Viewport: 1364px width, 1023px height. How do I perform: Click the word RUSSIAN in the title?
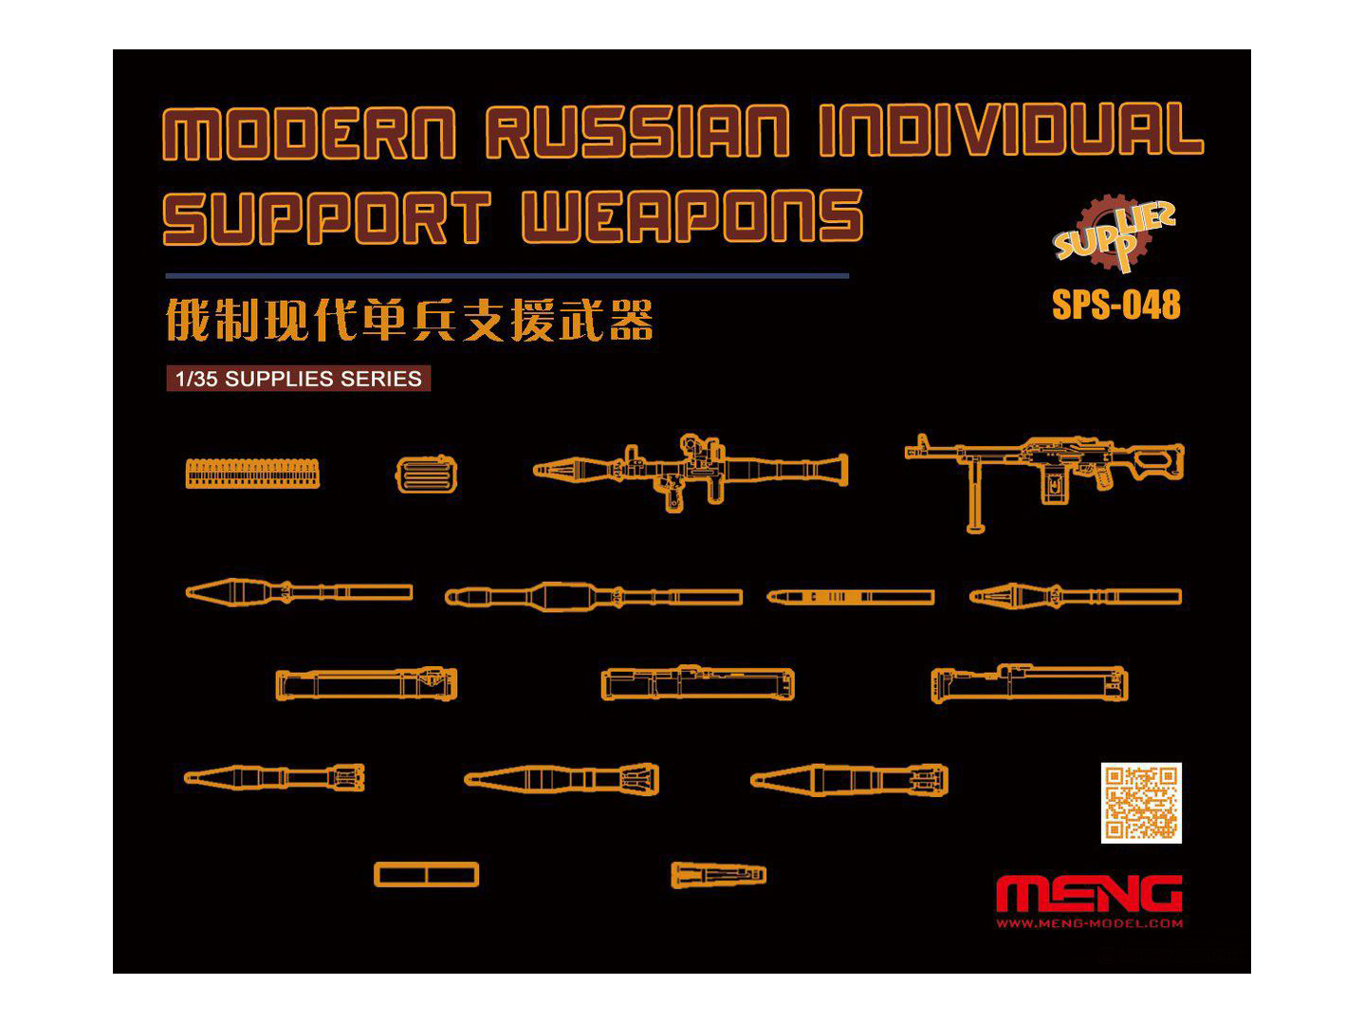[x=636, y=132]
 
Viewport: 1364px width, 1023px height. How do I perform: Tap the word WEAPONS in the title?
[x=691, y=216]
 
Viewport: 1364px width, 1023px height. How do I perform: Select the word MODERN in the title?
[x=309, y=133]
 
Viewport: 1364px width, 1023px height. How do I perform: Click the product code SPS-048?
[x=1115, y=305]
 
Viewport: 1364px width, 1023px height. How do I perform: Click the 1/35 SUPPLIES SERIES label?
[x=298, y=379]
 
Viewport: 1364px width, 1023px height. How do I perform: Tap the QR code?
[x=1141, y=803]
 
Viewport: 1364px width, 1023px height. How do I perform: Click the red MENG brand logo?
[x=1089, y=894]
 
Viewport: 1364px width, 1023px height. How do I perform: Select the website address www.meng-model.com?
[x=1089, y=923]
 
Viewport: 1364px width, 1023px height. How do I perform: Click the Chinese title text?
[x=409, y=320]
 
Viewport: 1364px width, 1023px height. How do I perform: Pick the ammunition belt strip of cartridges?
[x=252, y=474]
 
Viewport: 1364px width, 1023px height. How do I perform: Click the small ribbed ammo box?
[x=426, y=474]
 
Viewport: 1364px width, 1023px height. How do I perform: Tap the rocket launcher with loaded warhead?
[x=690, y=470]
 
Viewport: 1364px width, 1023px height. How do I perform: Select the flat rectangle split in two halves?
[x=426, y=874]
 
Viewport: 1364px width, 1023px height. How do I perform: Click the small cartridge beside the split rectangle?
[x=718, y=874]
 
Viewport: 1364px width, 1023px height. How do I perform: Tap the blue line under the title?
[x=507, y=276]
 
